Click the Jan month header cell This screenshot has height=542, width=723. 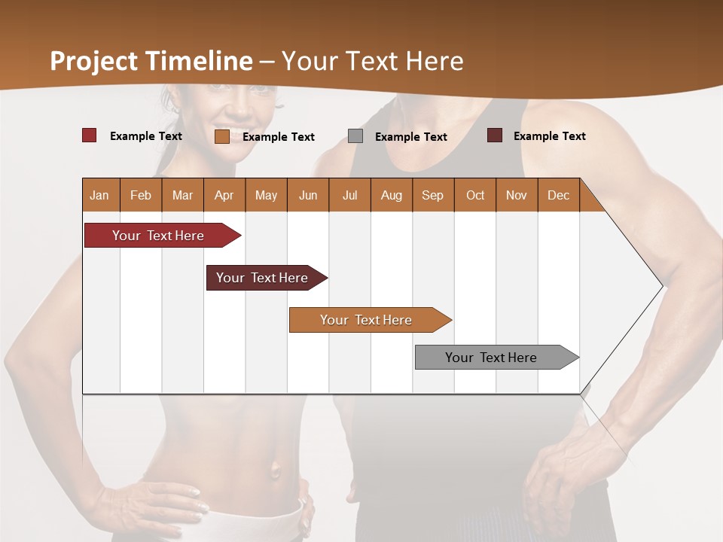[100, 195]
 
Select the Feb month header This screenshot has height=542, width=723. [141, 195]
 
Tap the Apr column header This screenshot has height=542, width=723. [224, 195]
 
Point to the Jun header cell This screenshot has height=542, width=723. [308, 195]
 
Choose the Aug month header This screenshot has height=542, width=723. [392, 195]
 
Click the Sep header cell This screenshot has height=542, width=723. [433, 195]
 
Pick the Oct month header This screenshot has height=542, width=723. [475, 195]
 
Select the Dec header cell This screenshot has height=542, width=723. [559, 195]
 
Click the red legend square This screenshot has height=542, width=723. [90, 135]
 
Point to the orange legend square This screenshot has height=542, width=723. [222, 136]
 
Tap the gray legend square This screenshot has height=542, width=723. [355, 136]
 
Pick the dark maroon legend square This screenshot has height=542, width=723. [495, 135]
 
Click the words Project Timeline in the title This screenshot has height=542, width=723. [151, 61]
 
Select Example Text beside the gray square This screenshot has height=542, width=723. [411, 137]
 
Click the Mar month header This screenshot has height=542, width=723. [183, 195]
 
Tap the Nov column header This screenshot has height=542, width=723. [517, 195]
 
